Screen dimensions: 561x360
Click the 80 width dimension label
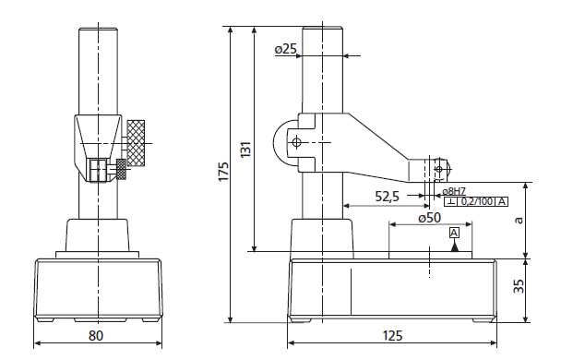click(x=96, y=336)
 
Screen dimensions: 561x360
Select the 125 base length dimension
click(x=392, y=336)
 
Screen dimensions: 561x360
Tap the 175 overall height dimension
click(x=223, y=172)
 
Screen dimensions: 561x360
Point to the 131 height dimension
click(x=245, y=150)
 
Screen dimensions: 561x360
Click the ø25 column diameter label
click(x=285, y=49)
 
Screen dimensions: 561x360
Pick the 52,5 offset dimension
click(x=388, y=196)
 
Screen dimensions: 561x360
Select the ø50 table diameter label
click(x=430, y=217)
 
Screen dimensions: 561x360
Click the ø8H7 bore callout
click(x=454, y=191)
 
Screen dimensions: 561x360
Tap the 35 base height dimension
click(x=519, y=285)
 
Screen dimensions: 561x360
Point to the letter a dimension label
click(x=519, y=220)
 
